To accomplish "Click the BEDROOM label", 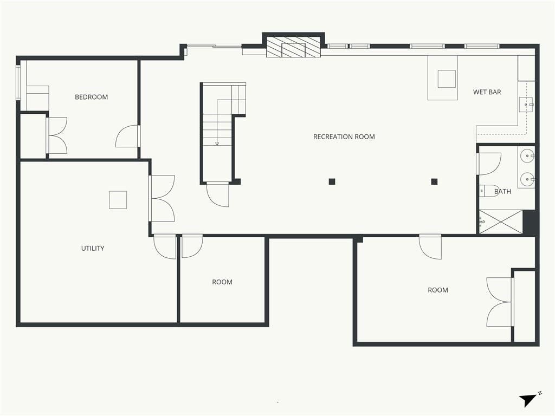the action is click(91, 97).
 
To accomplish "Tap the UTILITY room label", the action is click(93, 248).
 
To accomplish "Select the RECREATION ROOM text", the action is click(344, 136).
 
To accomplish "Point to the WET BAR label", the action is click(487, 92).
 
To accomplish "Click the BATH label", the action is click(502, 191).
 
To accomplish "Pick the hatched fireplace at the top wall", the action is click(293, 47).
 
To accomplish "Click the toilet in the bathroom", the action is click(489, 191).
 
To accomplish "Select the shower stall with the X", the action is click(500, 222).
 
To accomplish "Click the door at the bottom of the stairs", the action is click(218, 194).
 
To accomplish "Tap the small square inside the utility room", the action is click(118, 200).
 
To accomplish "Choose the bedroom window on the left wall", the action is click(18, 82).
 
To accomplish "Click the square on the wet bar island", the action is click(447, 79).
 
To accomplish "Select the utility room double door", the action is click(162, 198).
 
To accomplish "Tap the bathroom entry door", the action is click(489, 164).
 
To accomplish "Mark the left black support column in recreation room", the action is click(332, 182).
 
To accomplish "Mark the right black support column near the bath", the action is click(434, 182).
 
